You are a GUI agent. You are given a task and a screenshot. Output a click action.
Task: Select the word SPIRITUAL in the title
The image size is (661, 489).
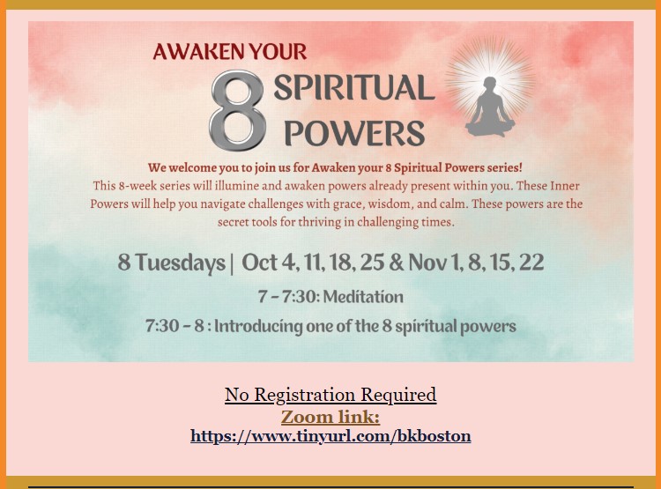[x=354, y=88]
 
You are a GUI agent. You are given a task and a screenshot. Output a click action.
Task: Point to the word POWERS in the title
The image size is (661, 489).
[x=354, y=133]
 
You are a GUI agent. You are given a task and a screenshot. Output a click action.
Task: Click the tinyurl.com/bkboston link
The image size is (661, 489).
[x=330, y=435]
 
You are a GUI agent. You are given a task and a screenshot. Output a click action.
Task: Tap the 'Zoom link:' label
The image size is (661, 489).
[x=330, y=417]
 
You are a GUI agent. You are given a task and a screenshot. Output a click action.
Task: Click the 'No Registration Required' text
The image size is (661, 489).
[x=330, y=395]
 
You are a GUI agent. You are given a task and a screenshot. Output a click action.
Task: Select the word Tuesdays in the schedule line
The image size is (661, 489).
[x=181, y=263]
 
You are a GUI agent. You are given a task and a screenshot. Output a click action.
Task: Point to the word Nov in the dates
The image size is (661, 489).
[x=427, y=263]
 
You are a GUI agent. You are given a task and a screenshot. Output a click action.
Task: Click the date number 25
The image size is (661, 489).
[x=372, y=263]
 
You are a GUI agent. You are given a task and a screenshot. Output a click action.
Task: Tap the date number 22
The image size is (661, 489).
[x=531, y=263]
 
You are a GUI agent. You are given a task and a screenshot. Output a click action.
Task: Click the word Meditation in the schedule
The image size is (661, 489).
[x=363, y=297]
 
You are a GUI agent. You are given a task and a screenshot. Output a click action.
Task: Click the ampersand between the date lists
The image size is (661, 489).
[x=397, y=263]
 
